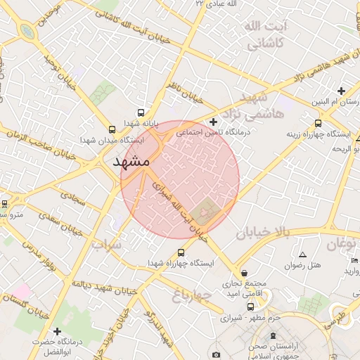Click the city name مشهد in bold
pos(131,162)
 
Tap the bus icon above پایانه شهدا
pos(141,112)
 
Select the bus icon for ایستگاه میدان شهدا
pos(112,129)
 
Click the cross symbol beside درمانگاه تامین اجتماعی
pos(214,122)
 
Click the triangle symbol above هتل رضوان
pos(302,255)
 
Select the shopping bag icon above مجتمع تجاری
pos(243,273)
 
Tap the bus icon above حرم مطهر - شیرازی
pos(251,307)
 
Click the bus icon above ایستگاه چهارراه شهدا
pos(181,252)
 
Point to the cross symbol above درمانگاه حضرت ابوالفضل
pos(57,330)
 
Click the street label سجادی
pos(73,198)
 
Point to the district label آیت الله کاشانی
pos(264,34)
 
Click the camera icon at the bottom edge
pos(216,354)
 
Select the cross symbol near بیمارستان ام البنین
pos(341,91)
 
